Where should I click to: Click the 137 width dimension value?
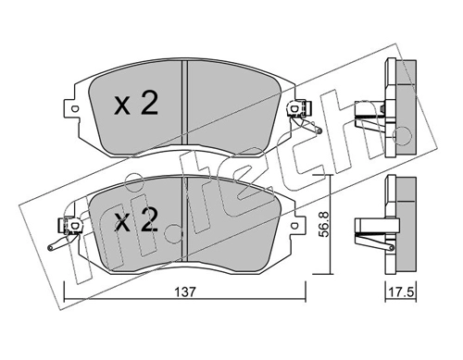(185, 292)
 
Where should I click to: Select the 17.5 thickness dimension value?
(401, 292)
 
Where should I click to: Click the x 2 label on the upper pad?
(136, 104)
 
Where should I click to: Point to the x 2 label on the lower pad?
(136, 220)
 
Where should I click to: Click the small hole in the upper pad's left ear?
(74, 109)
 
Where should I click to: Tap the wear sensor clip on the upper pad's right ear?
(299, 108)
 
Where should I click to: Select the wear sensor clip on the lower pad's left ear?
(70, 226)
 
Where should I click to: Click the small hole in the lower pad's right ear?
(294, 225)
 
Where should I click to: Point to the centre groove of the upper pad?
(185, 103)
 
